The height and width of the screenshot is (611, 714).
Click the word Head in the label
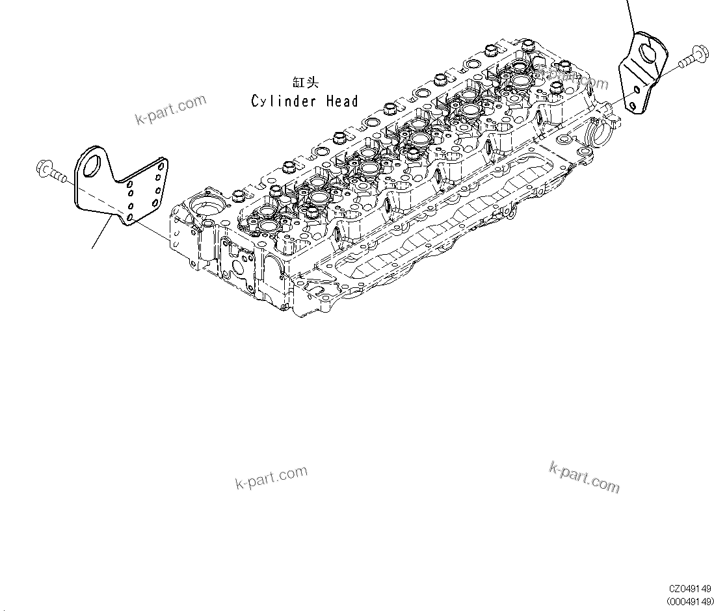point(343,101)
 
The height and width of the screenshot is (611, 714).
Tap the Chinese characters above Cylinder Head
point(306,83)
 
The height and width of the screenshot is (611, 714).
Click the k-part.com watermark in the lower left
point(271,477)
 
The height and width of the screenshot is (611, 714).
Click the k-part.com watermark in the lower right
point(584,477)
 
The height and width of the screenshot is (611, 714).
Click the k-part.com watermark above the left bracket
point(170,109)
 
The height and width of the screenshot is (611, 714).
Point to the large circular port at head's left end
point(205,211)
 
